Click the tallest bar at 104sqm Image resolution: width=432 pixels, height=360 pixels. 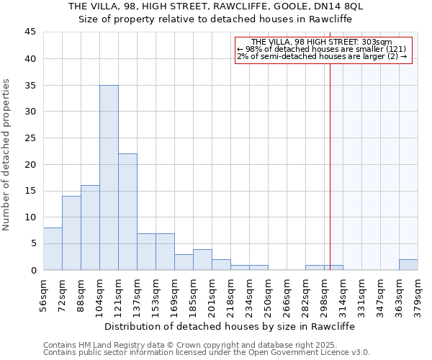point(109,177)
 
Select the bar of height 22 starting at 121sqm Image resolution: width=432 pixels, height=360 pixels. point(127,212)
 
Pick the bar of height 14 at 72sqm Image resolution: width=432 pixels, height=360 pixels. point(71,233)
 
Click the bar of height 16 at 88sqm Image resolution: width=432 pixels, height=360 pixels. point(90,228)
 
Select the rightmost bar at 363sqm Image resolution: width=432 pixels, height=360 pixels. point(408,264)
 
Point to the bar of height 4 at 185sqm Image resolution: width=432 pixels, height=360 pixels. point(202,259)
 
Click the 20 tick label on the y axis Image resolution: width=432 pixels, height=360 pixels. point(30,164)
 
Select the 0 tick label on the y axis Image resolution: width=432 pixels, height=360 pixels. point(33,270)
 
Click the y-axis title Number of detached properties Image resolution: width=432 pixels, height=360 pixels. point(7,155)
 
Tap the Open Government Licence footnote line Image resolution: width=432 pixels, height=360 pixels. point(207,353)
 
